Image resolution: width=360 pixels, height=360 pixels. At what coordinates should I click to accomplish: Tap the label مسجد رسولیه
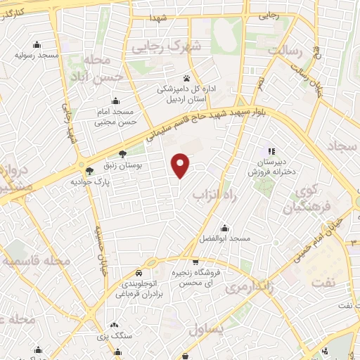(x=38, y=54)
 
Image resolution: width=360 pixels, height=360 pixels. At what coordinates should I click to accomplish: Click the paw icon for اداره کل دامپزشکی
(x=186, y=78)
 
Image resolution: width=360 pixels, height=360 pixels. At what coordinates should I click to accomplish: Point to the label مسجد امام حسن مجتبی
(x=115, y=117)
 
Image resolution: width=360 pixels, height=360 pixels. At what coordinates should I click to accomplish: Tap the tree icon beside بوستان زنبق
(x=122, y=153)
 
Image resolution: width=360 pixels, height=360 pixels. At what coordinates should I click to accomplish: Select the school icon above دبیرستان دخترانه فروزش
(x=271, y=151)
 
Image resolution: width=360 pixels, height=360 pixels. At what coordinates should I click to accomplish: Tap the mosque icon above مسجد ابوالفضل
(x=225, y=229)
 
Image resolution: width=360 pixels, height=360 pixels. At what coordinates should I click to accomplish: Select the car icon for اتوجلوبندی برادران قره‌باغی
(x=139, y=272)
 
